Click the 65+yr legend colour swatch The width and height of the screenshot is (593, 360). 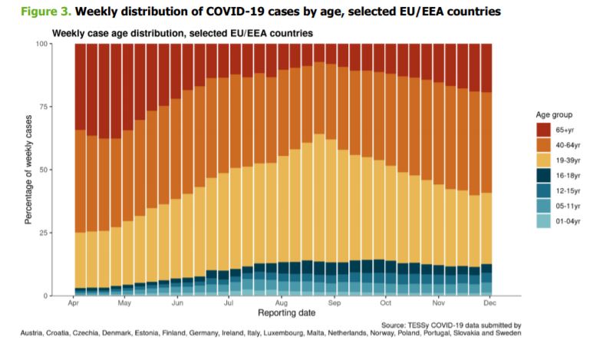543,130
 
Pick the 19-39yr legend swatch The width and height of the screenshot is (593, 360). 543,160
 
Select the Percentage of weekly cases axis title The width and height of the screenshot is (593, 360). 28,170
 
